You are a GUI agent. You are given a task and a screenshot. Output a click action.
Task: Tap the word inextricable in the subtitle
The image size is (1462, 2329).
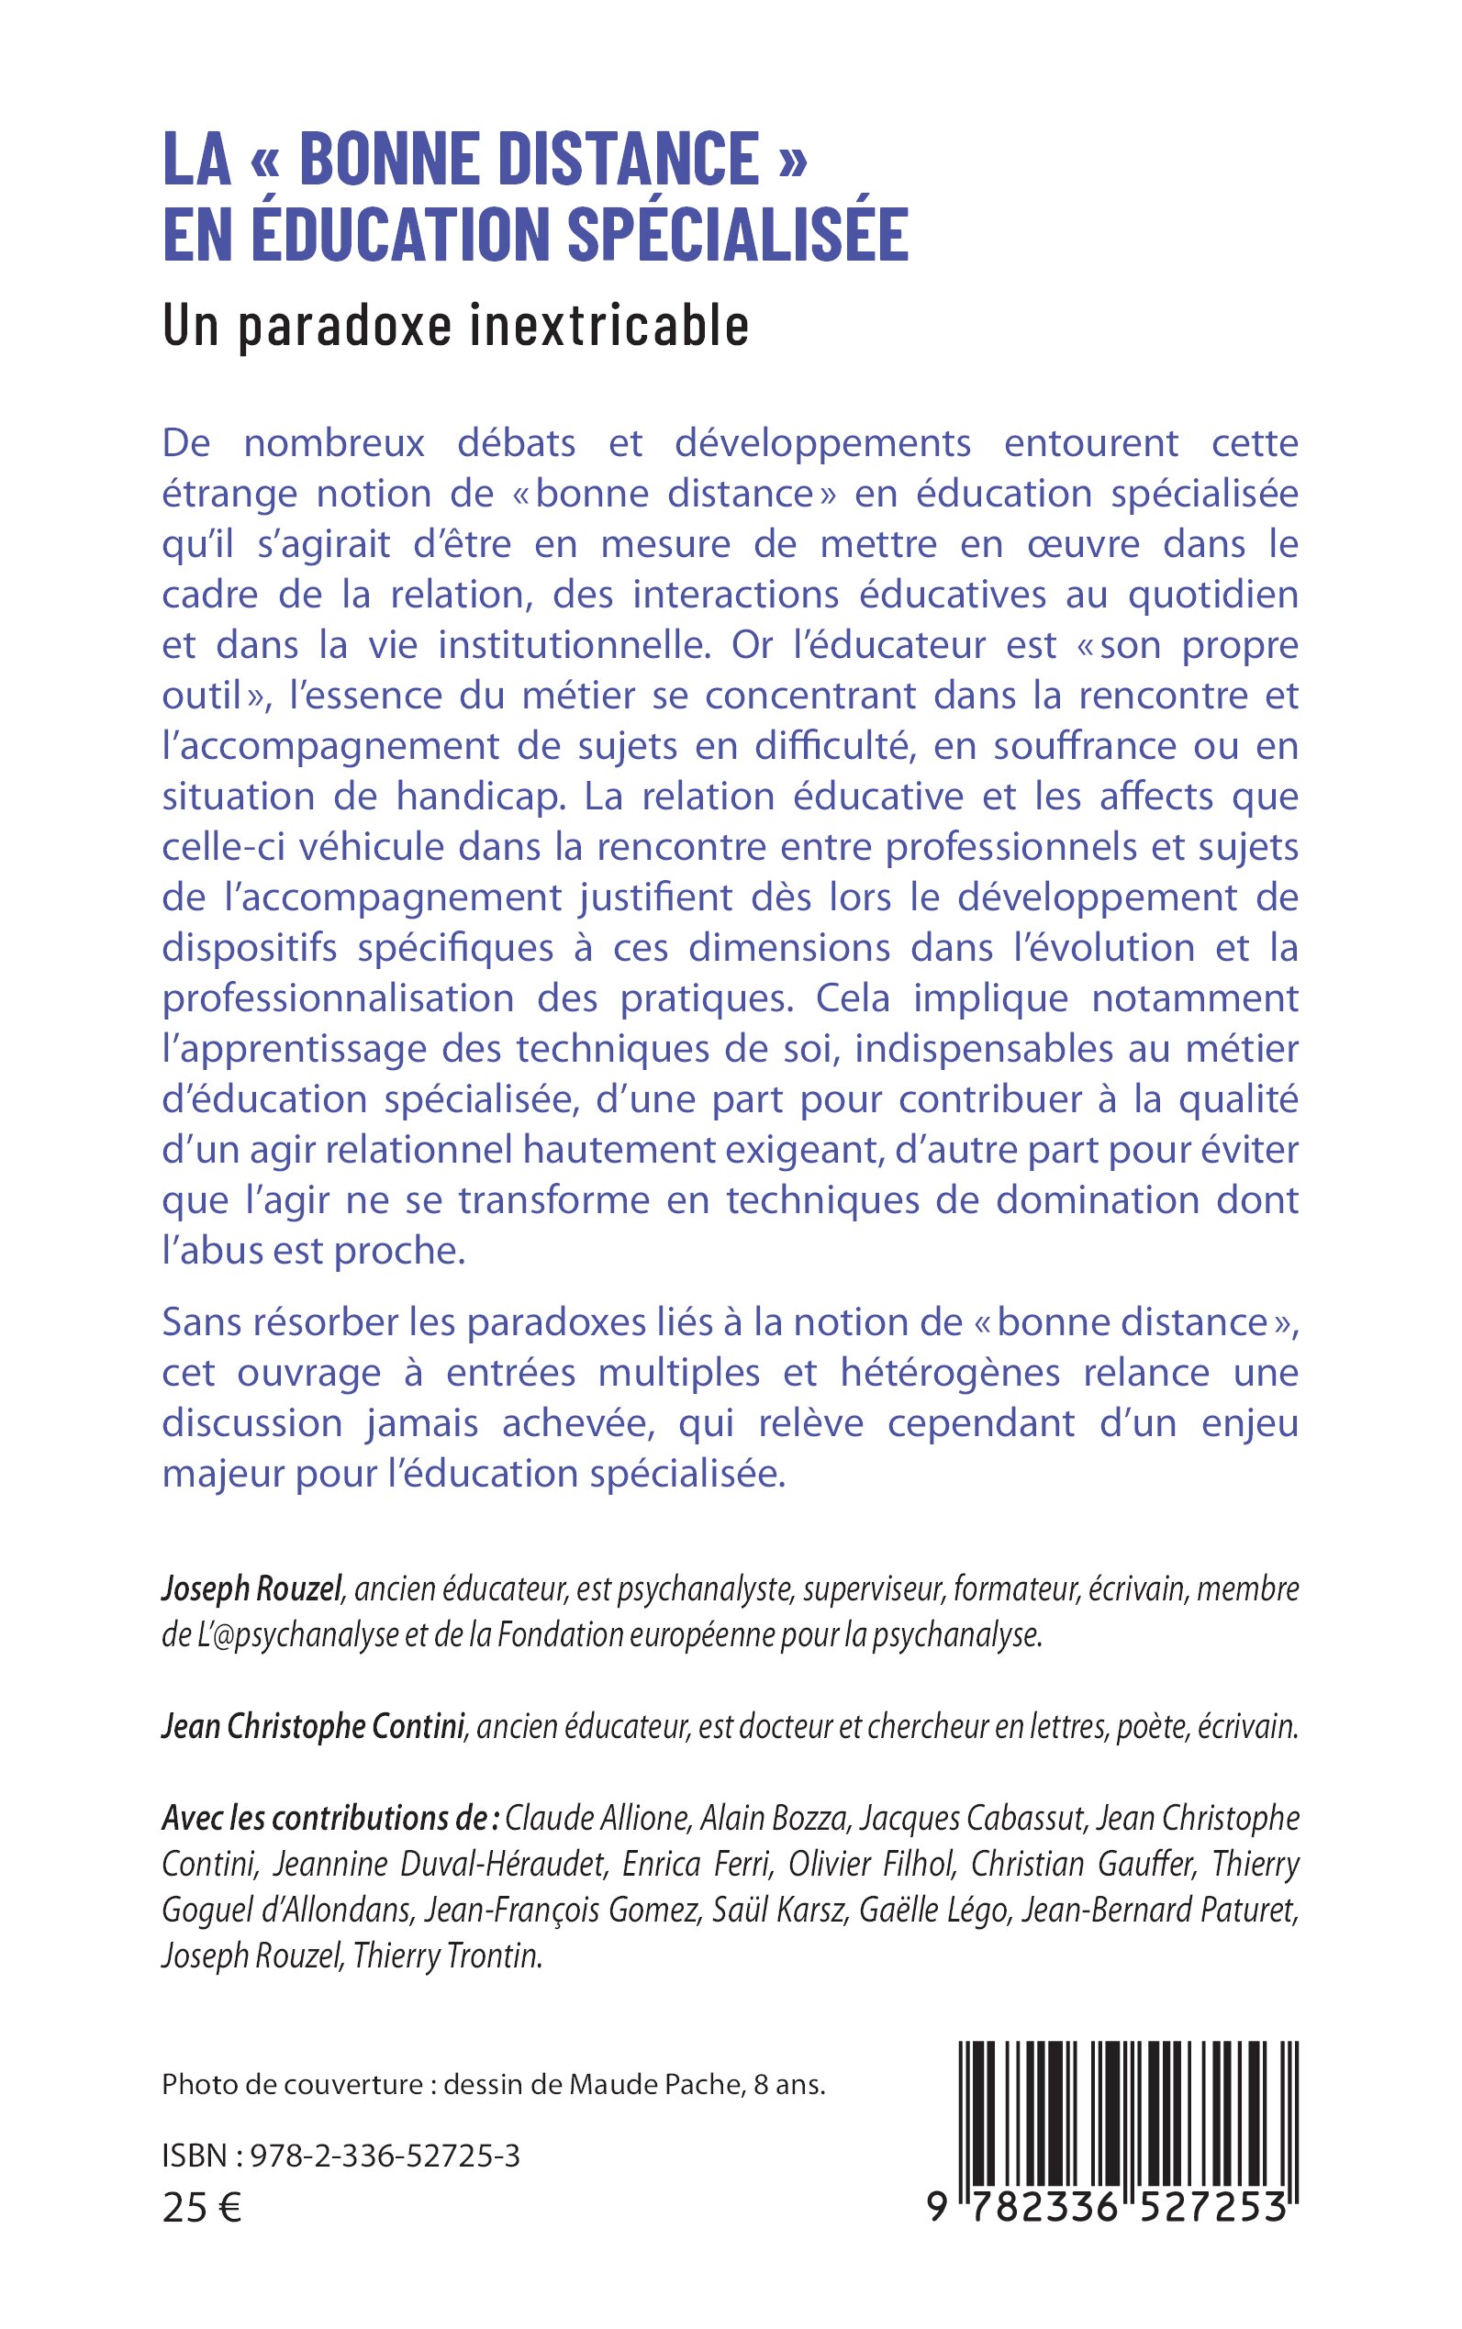609,326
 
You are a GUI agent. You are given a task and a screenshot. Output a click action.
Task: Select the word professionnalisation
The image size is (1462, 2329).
338,997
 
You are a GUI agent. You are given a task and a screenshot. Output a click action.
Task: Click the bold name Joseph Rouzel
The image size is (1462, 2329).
252,1588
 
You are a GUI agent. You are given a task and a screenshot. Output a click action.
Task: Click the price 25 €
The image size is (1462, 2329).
201,2208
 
